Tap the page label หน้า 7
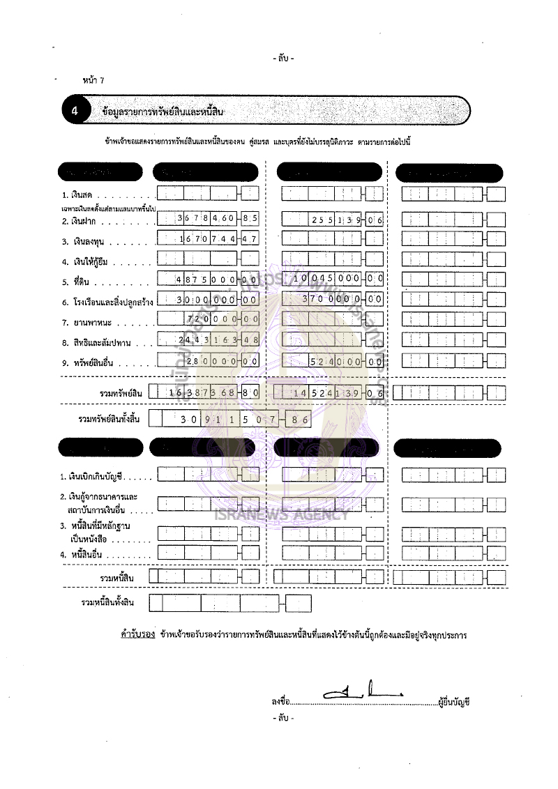pos(93,81)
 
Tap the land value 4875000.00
pos(209,279)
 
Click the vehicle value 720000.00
pos(209,319)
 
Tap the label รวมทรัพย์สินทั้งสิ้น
pos(112,419)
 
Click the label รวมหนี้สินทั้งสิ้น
pos(107,602)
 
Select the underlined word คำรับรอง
pos(137,636)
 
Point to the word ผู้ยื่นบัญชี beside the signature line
pos(454,702)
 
